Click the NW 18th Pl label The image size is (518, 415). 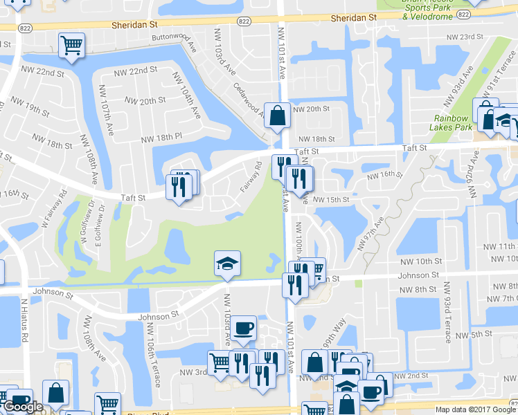pyautogui.click(x=160, y=138)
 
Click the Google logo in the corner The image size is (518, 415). pyautogui.click(x=22, y=407)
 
